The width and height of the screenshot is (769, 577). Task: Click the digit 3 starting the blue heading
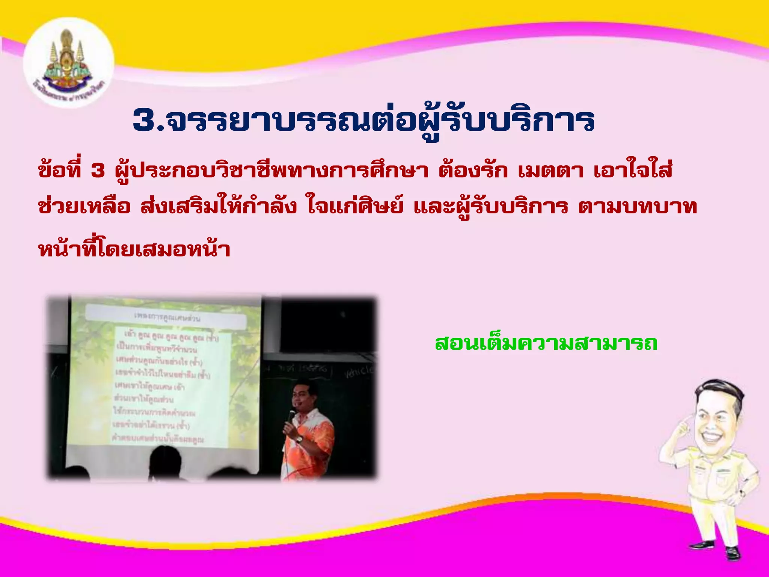[x=145, y=120]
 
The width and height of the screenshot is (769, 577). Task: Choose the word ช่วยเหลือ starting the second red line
[x=84, y=207]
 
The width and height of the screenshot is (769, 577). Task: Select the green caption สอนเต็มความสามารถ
[x=546, y=343]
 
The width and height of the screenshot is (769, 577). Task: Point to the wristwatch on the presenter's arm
[x=299, y=438]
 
